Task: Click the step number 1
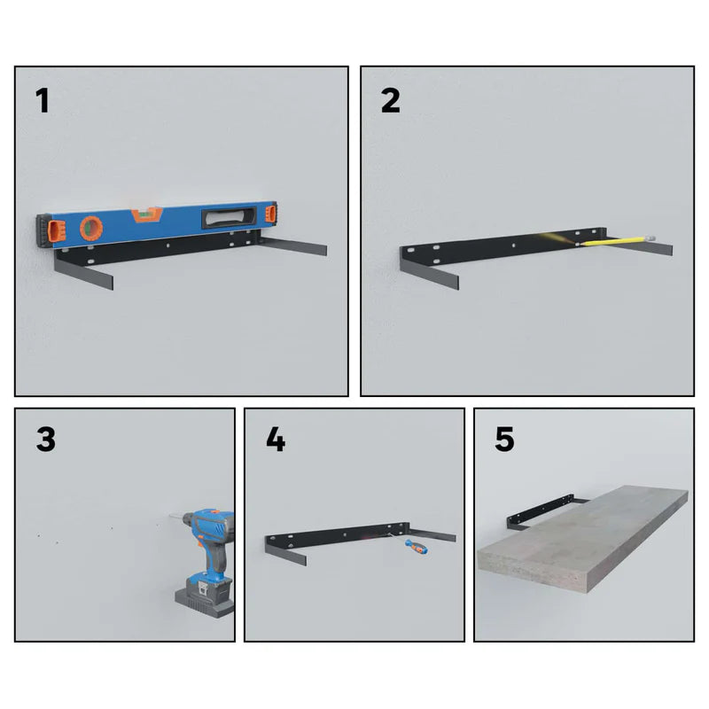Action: [43, 100]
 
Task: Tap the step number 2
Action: [391, 100]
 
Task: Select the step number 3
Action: [46, 439]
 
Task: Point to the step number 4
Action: [276, 439]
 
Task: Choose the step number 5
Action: [504, 439]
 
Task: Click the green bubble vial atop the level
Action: [146, 214]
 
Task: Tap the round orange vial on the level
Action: [91, 229]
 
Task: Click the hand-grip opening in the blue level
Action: [230, 217]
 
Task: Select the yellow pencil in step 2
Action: [617, 240]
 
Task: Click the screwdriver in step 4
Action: [409, 543]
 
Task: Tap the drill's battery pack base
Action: [205, 603]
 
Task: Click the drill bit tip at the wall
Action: [170, 515]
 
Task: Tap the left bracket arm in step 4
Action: [285, 553]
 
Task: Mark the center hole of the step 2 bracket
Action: [514, 246]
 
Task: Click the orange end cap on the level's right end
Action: [271, 214]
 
